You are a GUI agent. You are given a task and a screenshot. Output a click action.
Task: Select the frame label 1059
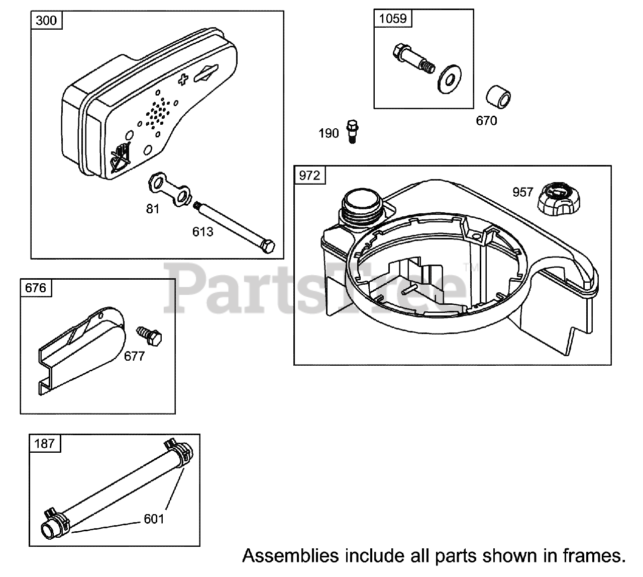point(392,19)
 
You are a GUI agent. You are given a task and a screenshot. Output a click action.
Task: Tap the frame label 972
point(309,176)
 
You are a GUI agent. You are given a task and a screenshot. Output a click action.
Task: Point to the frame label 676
point(35,287)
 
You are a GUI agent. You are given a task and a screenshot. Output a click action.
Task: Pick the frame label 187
point(45,444)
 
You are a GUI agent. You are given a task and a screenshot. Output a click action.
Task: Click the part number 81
point(153,208)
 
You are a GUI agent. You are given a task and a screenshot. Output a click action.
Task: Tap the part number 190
point(329,134)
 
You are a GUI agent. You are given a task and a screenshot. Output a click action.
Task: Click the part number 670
point(486,121)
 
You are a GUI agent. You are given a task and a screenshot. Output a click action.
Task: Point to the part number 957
point(522,192)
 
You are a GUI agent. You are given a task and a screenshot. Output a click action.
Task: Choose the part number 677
point(134,356)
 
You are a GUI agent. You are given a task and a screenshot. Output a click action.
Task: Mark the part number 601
point(154,518)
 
